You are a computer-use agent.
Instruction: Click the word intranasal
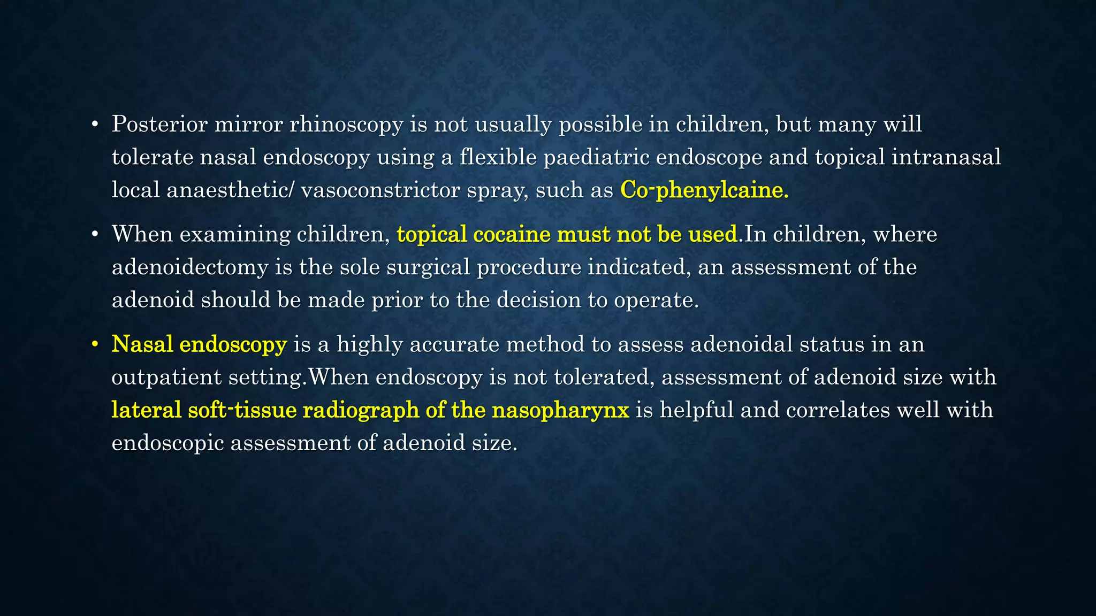946,158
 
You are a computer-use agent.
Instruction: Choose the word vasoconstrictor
380,190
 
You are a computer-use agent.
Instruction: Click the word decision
539,301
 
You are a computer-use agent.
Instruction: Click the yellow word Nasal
142,344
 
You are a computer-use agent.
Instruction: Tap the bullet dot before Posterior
95,125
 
